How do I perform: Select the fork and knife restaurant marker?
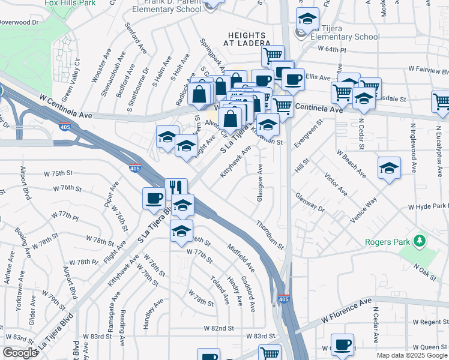pyautogui.click(x=176, y=188)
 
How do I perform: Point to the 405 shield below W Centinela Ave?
pyautogui.click(x=64, y=127)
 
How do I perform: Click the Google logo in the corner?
pyautogui.click(x=20, y=353)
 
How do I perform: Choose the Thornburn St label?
pyautogui.click(x=269, y=234)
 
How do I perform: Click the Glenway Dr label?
pyautogui.click(x=310, y=203)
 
